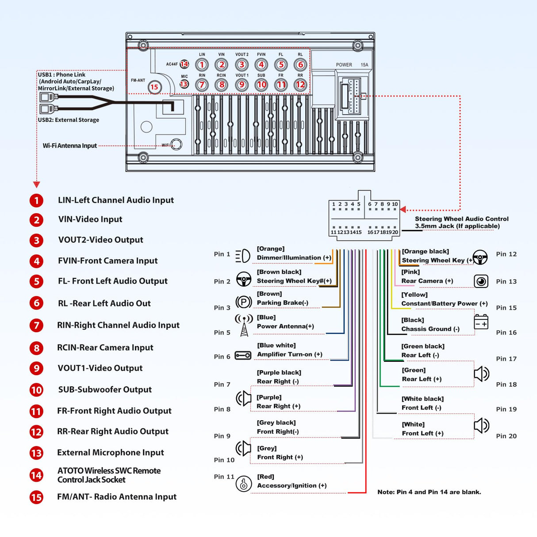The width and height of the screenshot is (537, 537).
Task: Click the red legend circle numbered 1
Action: click(x=37, y=200)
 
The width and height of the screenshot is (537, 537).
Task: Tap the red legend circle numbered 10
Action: click(x=37, y=390)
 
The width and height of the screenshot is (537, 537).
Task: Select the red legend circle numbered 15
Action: click(x=37, y=497)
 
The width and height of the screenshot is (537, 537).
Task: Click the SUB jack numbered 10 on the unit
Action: click(x=261, y=84)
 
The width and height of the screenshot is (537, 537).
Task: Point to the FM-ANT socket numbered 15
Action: click(x=154, y=87)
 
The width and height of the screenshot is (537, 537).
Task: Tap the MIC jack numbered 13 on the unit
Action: click(x=184, y=84)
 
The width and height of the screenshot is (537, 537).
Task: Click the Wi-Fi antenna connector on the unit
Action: click(x=176, y=144)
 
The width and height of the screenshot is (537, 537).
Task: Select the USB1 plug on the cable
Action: click(x=46, y=97)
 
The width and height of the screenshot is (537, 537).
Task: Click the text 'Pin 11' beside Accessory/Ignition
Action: click(x=224, y=477)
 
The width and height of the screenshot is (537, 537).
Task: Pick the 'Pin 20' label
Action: click(x=506, y=436)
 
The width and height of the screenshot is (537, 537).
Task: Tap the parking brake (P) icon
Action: click(x=244, y=302)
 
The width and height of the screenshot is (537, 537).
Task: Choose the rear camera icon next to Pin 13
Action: click(x=481, y=281)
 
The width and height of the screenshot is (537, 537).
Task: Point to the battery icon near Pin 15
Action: click(x=481, y=322)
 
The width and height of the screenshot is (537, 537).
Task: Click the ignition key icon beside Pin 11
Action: click(x=244, y=483)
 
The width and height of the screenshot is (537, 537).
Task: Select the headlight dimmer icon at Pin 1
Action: click(x=243, y=256)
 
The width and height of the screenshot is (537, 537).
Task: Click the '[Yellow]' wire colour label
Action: click(x=414, y=295)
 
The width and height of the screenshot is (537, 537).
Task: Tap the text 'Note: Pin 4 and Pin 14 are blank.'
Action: click(x=429, y=492)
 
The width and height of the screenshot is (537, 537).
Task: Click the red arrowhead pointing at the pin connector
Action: click(x=403, y=210)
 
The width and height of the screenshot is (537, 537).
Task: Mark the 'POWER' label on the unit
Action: click(x=344, y=65)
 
